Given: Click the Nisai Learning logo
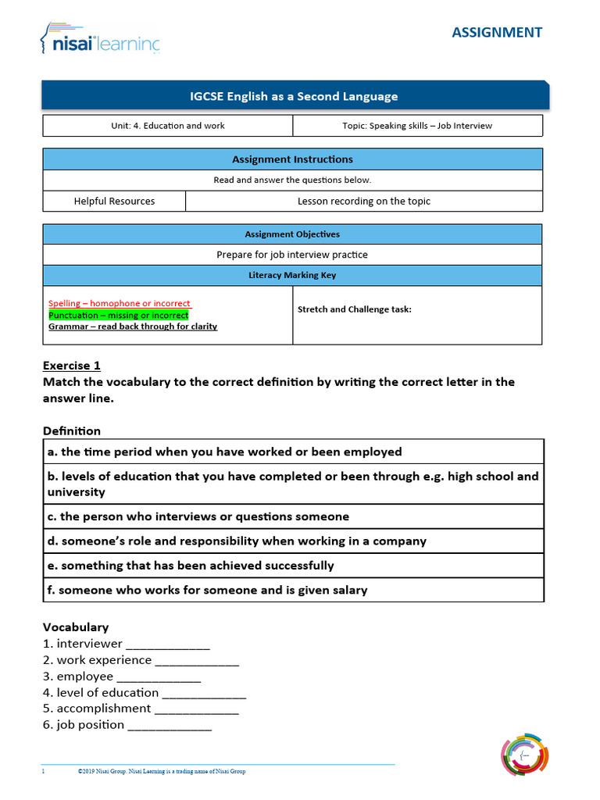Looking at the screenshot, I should [99, 39].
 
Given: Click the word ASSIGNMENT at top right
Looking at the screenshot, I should [497, 32].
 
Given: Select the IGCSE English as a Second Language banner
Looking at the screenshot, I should [295, 97].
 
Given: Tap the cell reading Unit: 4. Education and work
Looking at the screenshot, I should [168, 126].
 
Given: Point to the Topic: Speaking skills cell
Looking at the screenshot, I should [417, 126].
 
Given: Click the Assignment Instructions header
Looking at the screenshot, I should [292, 159].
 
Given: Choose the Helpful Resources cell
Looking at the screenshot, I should [114, 201].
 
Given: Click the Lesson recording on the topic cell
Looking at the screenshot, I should [363, 201].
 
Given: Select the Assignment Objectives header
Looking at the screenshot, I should [292, 234].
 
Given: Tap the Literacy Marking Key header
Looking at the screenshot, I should [292, 275].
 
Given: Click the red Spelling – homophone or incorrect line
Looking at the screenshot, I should [120, 303].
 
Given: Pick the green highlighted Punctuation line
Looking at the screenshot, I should [118, 315].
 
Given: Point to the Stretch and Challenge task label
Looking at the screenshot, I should [354, 309].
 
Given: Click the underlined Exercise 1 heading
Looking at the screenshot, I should [72, 366].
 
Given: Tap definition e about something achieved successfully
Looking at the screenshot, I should [197, 566].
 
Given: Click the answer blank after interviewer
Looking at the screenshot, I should [168, 645].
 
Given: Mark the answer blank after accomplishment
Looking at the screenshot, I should [196, 710].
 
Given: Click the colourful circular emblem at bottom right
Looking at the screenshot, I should [524, 755].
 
